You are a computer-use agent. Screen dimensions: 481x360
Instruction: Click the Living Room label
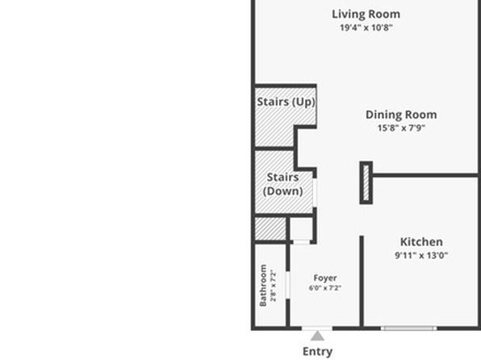click(x=366, y=15)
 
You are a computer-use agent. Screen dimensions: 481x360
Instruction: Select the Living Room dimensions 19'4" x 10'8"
click(x=366, y=27)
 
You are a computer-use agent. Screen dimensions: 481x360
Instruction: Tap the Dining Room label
click(x=401, y=115)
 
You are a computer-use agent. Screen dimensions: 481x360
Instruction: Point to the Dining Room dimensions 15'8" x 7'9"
click(x=401, y=128)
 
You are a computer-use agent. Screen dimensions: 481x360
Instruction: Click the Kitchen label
click(x=421, y=242)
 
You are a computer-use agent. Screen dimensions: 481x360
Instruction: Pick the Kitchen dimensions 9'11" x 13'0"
click(x=421, y=255)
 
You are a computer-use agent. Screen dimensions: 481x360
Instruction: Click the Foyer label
click(x=325, y=278)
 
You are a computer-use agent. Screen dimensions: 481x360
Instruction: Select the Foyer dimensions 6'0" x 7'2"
click(x=325, y=288)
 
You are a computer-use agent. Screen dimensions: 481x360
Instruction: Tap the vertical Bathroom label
click(x=263, y=286)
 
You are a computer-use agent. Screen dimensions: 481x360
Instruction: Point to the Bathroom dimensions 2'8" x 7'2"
click(x=273, y=286)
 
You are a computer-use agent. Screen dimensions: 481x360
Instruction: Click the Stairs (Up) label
click(x=287, y=102)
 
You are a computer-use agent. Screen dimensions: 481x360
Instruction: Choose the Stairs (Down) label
click(x=282, y=184)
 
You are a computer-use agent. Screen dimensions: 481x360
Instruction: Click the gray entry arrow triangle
click(x=317, y=337)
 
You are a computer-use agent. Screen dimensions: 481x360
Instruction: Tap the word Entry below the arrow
click(x=317, y=352)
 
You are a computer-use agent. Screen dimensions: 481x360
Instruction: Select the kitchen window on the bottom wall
click(x=409, y=329)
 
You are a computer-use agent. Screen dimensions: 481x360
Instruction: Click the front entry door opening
click(x=317, y=329)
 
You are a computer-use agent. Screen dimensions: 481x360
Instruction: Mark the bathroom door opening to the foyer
click(x=288, y=285)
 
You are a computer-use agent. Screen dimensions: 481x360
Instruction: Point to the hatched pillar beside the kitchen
click(x=366, y=182)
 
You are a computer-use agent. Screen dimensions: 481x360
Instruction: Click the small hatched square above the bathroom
click(x=270, y=229)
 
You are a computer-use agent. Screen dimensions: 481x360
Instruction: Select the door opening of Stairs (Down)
click(x=315, y=192)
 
